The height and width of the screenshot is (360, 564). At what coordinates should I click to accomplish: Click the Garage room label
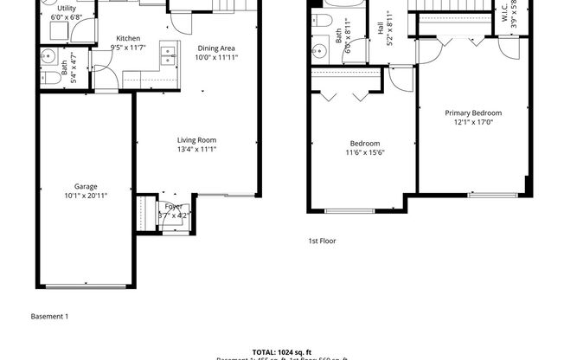[x=85, y=187]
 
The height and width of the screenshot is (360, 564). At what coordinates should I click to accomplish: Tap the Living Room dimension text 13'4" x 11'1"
[x=196, y=150]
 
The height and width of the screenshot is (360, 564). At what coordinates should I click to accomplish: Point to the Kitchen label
[x=128, y=39]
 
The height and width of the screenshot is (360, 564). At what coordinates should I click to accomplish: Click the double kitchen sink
[x=164, y=60]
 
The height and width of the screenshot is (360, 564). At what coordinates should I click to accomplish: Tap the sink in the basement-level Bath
[x=49, y=60]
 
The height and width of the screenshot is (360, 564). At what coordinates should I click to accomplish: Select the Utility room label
[x=67, y=8]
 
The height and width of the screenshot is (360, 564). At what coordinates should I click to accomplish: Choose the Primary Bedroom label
[x=473, y=112]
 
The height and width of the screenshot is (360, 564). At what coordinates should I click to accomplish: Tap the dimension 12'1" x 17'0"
[x=473, y=122]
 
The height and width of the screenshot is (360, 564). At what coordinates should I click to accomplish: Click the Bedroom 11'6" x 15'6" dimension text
[x=365, y=153]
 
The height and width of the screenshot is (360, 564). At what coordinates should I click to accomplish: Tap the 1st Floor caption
[x=322, y=241]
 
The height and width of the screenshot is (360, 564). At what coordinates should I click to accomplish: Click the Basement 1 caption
[x=49, y=317]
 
